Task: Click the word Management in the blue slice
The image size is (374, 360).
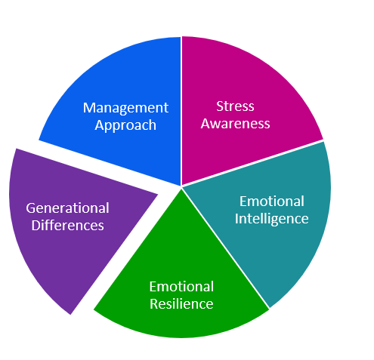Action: tap(125, 108)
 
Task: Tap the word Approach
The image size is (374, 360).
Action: tap(125, 125)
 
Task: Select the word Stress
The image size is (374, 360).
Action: tap(235, 106)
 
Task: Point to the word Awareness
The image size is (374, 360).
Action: tap(235, 124)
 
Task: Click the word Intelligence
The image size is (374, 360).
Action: tap(271, 219)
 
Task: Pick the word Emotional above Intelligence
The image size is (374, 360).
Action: tap(272, 202)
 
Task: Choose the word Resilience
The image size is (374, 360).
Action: tap(181, 303)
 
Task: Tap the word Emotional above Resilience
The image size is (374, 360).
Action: tap(181, 287)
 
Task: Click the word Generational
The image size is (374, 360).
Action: tap(67, 208)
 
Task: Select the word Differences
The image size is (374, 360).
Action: tap(67, 225)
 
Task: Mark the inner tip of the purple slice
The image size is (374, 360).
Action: tap(158, 194)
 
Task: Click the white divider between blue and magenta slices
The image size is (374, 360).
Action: tap(181, 111)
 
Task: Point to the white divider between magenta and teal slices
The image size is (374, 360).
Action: tap(252, 164)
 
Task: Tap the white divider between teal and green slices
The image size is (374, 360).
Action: tap(225, 248)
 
